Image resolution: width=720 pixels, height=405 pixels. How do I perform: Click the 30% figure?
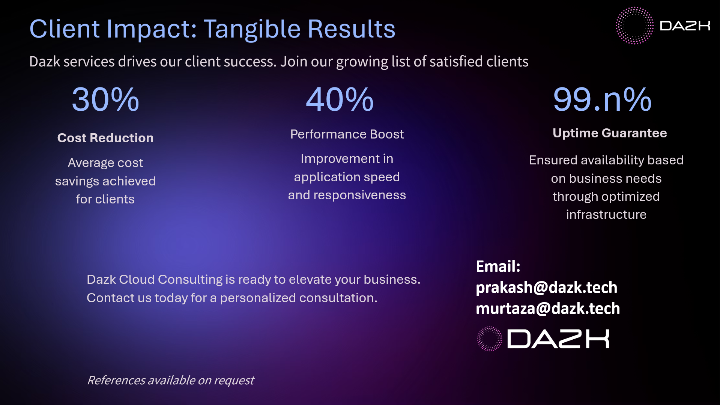(x=105, y=99)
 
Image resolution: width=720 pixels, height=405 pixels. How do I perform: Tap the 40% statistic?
(x=340, y=99)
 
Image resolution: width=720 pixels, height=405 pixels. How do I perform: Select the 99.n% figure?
(x=602, y=99)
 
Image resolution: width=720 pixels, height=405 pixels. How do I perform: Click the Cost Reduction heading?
(x=105, y=138)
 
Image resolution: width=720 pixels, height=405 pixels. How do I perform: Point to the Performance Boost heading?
(x=347, y=134)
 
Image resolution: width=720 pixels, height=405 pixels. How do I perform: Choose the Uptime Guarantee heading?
(x=610, y=133)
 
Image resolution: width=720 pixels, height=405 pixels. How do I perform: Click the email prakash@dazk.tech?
(x=547, y=288)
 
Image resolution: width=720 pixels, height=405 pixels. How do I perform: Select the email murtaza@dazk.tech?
(x=548, y=309)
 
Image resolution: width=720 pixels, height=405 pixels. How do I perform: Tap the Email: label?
(x=498, y=266)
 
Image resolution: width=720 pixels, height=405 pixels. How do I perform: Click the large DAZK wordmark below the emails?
(x=558, y=339)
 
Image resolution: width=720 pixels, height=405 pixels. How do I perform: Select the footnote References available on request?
(x=171, y=380)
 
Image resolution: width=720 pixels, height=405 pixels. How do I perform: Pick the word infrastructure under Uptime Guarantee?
(x=606, y=214)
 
